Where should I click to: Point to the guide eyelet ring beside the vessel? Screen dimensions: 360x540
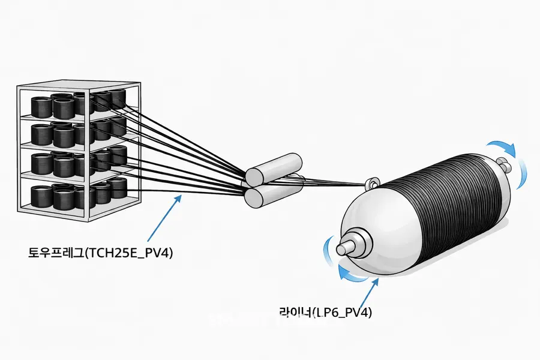tap(372, 182)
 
